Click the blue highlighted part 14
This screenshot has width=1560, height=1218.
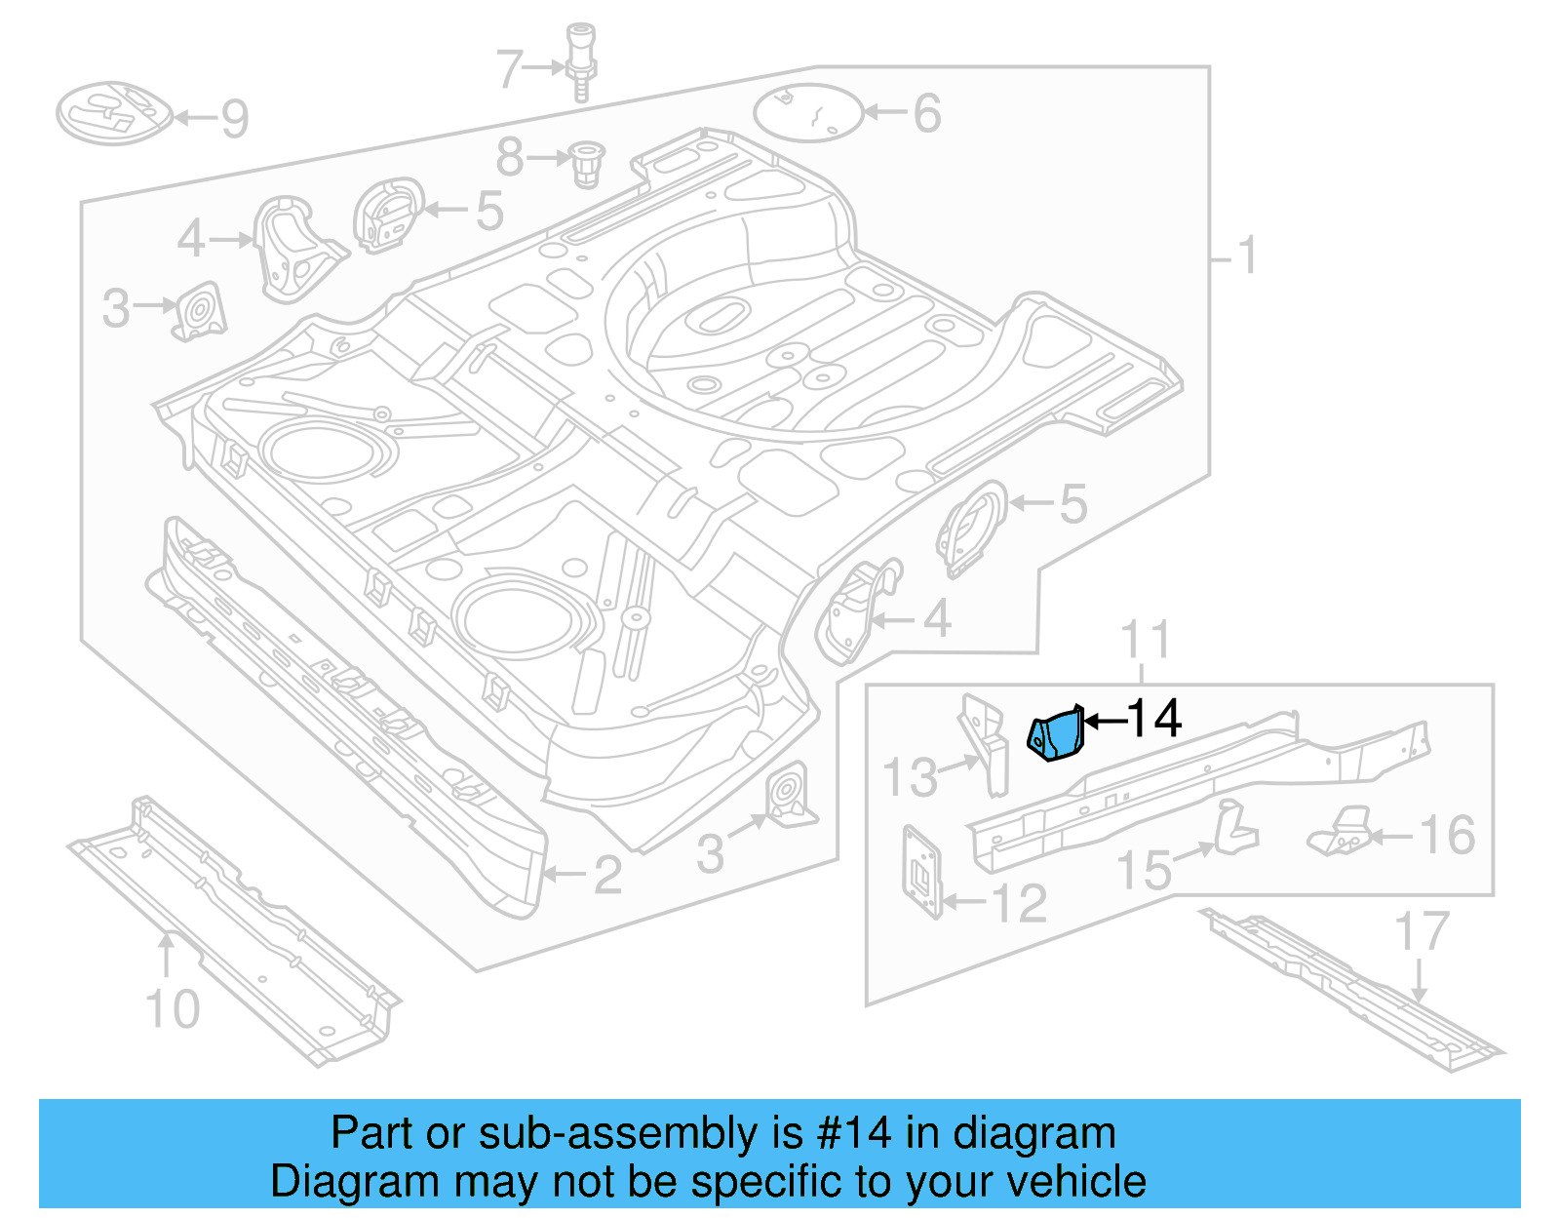click(x=1056, y=734)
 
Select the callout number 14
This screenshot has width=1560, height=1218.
click(x=1154, y=719)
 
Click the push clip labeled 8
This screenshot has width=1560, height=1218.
click(x=586, y=163)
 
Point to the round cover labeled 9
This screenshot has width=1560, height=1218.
click(x=112, y=113)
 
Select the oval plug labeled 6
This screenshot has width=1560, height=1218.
click(x=808, y=112)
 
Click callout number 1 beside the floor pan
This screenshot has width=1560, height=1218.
click(x=1247, y=255)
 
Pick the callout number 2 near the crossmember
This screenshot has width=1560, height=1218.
click(x=607, y=875)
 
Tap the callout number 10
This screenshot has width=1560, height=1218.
click(x=173, y=1009)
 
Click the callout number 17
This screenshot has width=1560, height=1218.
click(x=1422, y=931)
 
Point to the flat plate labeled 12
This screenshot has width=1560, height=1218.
click(x=921, y=871)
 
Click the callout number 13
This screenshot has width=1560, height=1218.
click(x=910, y=777)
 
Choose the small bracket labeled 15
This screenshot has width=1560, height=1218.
click(x=1234, y=827)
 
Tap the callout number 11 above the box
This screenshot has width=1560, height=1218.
click(x=1145, y=641)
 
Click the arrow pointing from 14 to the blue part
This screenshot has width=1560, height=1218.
click(x=1104, y=722)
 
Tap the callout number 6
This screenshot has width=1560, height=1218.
click(x=927, y=113)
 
